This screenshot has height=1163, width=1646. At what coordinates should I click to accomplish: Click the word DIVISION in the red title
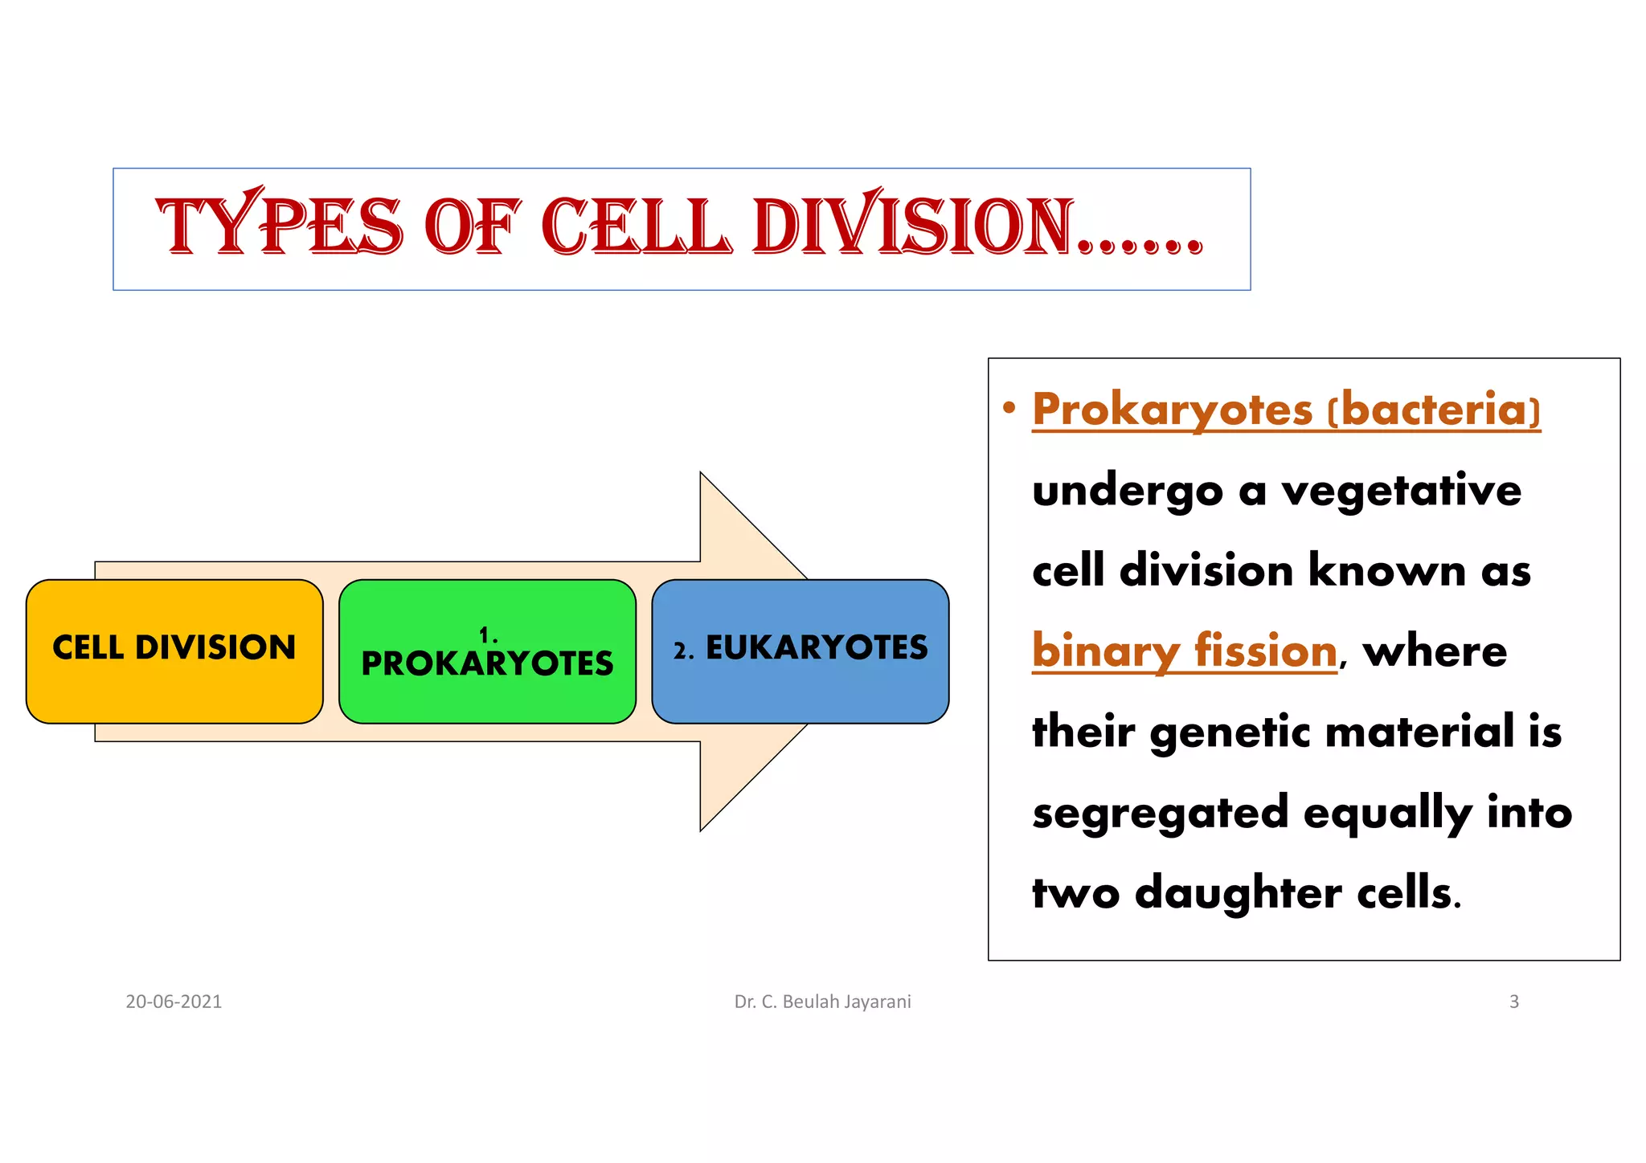[x=913, y=227]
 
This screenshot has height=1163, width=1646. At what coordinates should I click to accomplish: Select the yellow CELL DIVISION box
[x=174, y=650]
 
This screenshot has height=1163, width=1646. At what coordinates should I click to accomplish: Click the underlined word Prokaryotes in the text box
[x=1172, y=410]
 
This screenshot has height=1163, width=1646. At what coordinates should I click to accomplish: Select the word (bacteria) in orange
[x=1434, y=410]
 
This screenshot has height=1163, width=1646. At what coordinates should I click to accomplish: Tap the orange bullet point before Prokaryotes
[x=1009, y=407]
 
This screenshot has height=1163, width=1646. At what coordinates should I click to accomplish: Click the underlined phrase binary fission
[x=1184, y=651]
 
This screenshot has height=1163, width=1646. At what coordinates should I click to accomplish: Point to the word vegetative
[x=1401, y=491]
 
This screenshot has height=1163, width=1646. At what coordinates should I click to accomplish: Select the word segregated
[x=1160, y=813]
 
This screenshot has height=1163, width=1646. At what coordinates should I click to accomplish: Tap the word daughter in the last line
[x=1237, y=893]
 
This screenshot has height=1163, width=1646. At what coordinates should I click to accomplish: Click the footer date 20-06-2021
[x=174, y=1002]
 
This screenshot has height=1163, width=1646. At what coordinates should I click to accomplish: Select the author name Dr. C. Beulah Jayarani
[x=822, y=1002]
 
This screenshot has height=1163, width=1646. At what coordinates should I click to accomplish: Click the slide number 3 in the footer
[x=1513, y=1002]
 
